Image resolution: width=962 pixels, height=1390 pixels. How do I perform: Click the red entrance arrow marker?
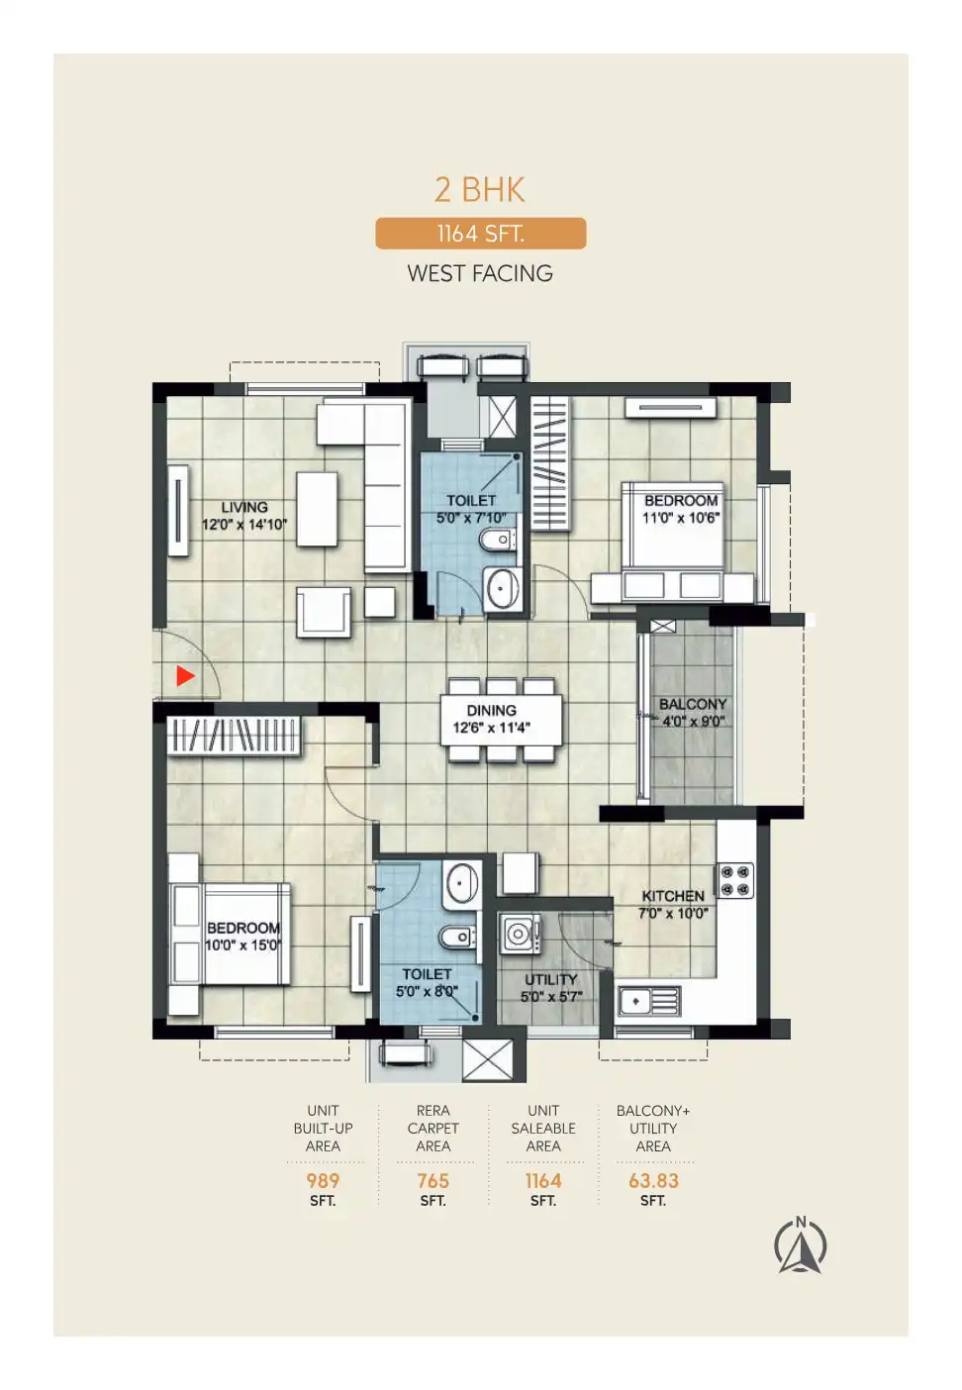pyautogui.click(x=185, y=676)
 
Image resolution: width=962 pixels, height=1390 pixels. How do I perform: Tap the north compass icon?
pyautogui.click(x=800, y=1244)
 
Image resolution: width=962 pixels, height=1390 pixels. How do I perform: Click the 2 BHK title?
pyautogui.click(x=479, y=189)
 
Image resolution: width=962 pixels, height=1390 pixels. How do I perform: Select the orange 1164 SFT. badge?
pyautogui.click(x=481, y=234)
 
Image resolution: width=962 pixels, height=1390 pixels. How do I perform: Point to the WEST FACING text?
pyautogui.click(x=480, y=273)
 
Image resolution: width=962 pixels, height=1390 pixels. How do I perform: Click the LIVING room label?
pyautogui.click(x=244, y=507)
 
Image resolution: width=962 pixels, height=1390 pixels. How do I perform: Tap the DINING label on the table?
pyautogui.click(x=491, y=710)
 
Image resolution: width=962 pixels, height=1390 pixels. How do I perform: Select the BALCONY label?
pyautogui.click(x=693, y=704)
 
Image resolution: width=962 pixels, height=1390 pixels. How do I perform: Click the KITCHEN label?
pyautogui.click(x=673, y=896)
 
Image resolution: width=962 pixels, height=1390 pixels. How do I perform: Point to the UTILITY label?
pyautogui.click(x=551, y=979)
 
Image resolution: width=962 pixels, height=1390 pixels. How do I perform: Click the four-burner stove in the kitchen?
pyautogui.click(x=735, y=880)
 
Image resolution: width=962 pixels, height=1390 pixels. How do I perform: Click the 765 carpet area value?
pyautogui.click(x=433, y=1180)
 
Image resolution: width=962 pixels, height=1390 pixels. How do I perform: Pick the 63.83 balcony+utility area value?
pyautogui.click(x=653, y=1180)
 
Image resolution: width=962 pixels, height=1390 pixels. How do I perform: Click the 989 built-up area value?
pyautogui.click(x=323, y=1180)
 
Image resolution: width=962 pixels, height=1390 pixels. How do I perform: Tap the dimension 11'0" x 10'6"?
pyautogui.click(x=680, y=518)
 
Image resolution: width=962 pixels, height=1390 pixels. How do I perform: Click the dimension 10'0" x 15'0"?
pyautogui.click(x=243, y=945)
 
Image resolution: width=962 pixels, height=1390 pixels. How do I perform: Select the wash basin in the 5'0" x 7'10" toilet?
pyautogui.click(x=501, y=589)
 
